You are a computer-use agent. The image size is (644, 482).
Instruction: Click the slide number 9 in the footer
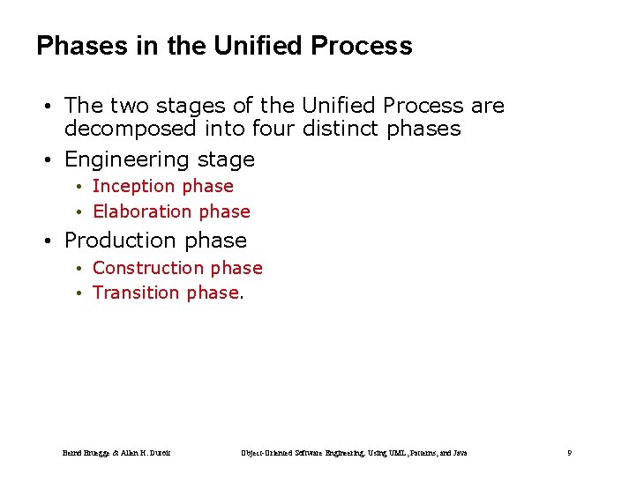569,453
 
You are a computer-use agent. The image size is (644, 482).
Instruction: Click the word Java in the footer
460,453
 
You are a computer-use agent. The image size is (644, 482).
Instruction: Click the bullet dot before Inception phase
79,187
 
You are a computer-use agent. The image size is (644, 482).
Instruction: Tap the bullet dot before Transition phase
79,293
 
